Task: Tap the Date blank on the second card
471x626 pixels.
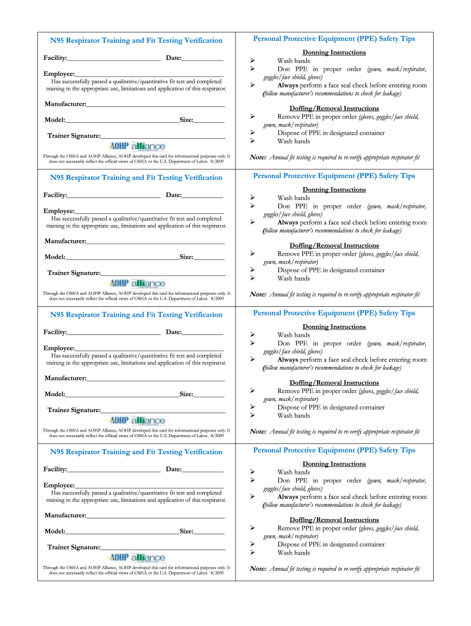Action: click(x=202, y=196)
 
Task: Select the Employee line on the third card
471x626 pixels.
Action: click(x=149, y=348)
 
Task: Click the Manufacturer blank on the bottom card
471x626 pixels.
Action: click(x=155, y=516)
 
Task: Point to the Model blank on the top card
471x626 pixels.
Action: click(x=122, y=120)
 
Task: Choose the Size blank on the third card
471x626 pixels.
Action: click(x=209, y=395)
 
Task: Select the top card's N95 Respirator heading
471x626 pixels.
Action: click(x=136, y=41)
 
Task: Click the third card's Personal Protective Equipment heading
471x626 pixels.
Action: click(x=334, y=313)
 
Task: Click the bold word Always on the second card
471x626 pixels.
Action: click(x=287, y=223)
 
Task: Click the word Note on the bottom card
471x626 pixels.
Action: click(x=258, y=569)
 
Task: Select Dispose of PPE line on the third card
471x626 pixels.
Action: click(x=331, y=408)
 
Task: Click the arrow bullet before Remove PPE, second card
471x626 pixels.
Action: click(x=252, y=254)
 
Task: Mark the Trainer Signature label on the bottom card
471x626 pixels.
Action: click(x=74, y=548)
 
